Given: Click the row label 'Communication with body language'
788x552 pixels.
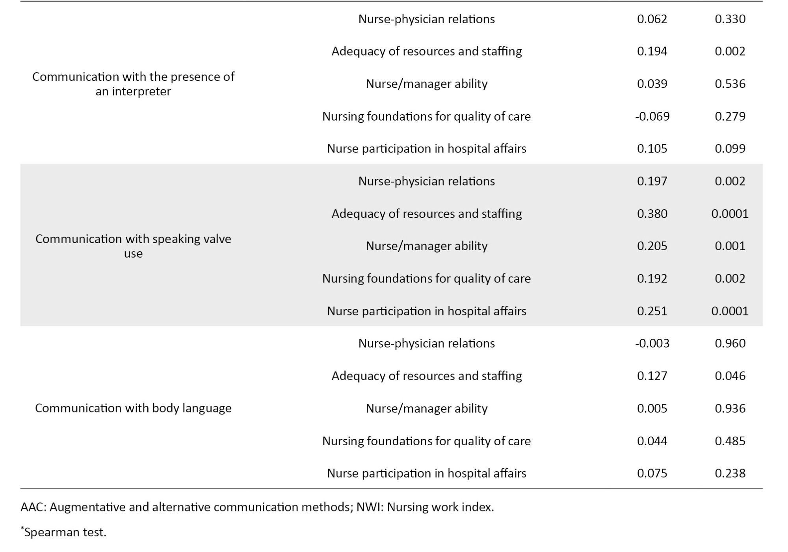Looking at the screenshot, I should (x=133, y=408).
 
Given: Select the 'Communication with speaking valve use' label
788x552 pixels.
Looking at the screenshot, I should (x=133, y=246).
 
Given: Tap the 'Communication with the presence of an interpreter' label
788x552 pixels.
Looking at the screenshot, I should (x=133, y=84).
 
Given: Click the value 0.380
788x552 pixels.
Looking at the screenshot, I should (x=652, y=214).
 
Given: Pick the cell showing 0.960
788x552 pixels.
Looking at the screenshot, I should (x=730, y=343).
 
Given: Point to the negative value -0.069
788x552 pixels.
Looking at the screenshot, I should (x=652, y=116).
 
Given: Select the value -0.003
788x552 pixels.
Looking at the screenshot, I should (x=652, y=343).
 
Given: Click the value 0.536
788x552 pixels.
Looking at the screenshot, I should (x=730, y=84).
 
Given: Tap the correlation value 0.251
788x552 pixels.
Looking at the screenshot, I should (x=652, y=311).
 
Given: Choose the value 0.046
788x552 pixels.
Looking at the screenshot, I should (x=730, y=375).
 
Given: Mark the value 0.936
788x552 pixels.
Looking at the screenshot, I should (x=730, y=408).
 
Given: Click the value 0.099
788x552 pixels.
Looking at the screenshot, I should (x=730, y=149).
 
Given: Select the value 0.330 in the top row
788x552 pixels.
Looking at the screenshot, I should (x=730, y=19).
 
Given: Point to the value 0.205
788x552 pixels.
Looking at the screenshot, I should (x=652, y=246).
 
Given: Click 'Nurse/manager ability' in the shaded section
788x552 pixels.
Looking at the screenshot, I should (x=427, y=246).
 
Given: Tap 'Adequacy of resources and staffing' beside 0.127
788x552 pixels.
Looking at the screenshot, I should (x=427, y=375).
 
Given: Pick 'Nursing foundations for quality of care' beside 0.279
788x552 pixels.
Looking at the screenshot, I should (x=427, y=116).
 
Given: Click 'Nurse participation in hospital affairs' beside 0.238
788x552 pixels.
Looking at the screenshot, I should (x=427, y=473).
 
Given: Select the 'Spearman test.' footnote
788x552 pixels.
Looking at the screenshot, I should (x=65, y=532).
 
